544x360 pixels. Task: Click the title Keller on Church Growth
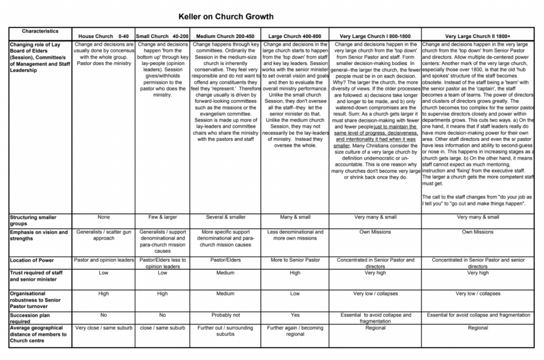[225, 16]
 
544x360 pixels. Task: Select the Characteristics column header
[40, 31]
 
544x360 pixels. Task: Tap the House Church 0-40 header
[103, 36]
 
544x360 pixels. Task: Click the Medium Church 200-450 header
[225, 36]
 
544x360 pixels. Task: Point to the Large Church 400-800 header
[294, 36]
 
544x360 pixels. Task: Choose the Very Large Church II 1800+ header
[478, 36]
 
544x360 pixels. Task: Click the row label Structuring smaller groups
[33, 220]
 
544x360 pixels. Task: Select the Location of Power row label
[32, 260]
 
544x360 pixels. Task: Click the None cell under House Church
[103, 217]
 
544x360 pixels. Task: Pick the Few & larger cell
[162, 217]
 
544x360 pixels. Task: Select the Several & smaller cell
[225, 217]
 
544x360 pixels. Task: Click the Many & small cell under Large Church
[294, 217]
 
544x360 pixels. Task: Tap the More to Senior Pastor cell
[294, 260]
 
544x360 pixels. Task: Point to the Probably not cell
[225, 316]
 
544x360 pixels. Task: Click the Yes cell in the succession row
[294, 316]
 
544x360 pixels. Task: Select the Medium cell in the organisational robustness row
[225, 294]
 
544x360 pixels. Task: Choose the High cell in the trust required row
[294, 273]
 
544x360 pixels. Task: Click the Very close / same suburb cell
[103, 328]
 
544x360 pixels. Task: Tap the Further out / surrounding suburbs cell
[225, 331]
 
